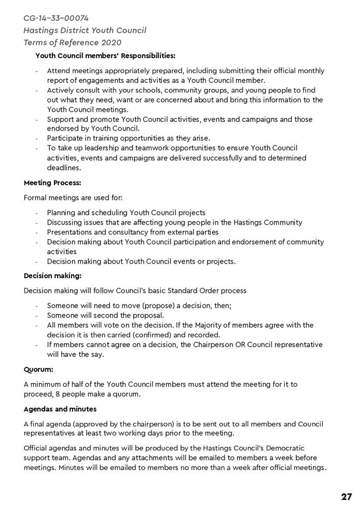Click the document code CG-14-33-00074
click(56, 18)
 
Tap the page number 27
click(347, 497)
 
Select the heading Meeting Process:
click(52, 183)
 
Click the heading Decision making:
click(52, 276)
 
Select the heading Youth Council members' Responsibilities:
click(105, 55)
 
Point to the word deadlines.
click(64, 168)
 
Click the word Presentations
click(71, 232)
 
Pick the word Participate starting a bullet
click(66, 138)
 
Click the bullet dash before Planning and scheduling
click(37, 213)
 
